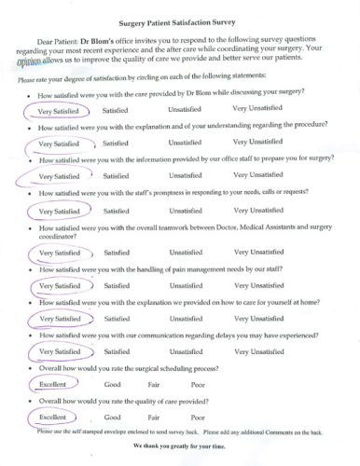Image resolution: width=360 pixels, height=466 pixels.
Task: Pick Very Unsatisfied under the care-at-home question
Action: click(x=258, y=319)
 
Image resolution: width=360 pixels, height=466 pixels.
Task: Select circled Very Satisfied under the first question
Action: click(x=58, y=110)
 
